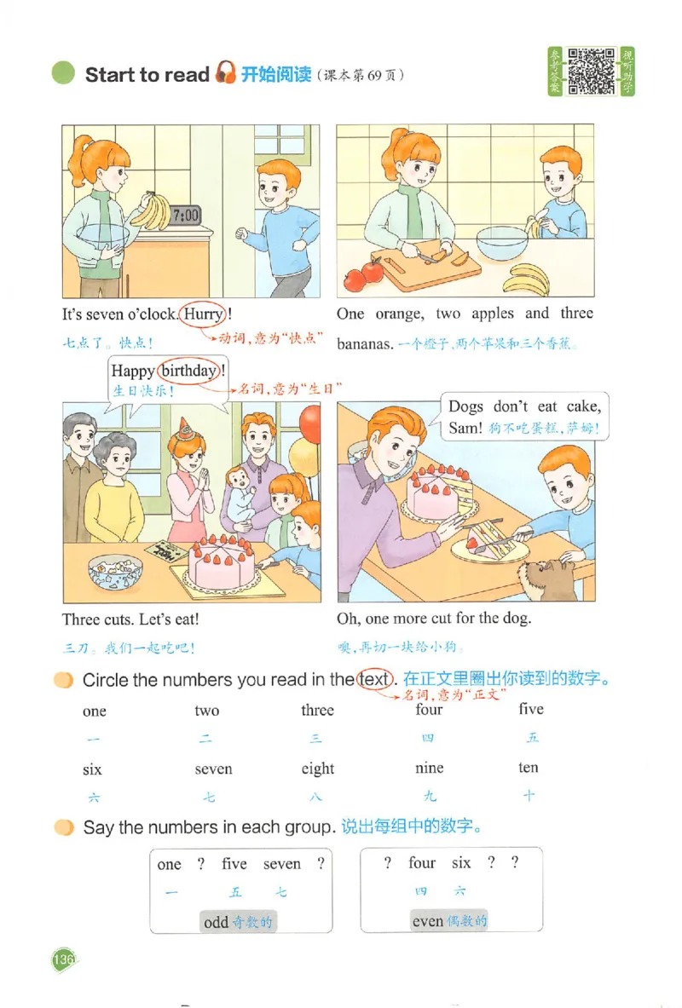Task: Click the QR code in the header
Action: [x=592, y=72]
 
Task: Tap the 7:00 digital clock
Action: [x=185, y=216]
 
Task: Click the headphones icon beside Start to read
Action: [x=225, y=73]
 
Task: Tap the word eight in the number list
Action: [x=318, y=769]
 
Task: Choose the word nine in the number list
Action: [x=429, y=768]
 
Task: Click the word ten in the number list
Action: [x=529, y=768]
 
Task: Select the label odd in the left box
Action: [x=217, y=922]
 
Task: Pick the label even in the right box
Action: [x=428, y=921]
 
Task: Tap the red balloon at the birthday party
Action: [x=310, y=423]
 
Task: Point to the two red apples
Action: [x=364, y=275]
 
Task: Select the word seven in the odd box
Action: [x=282, y=864]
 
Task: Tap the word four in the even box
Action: [x=422, y=863]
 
